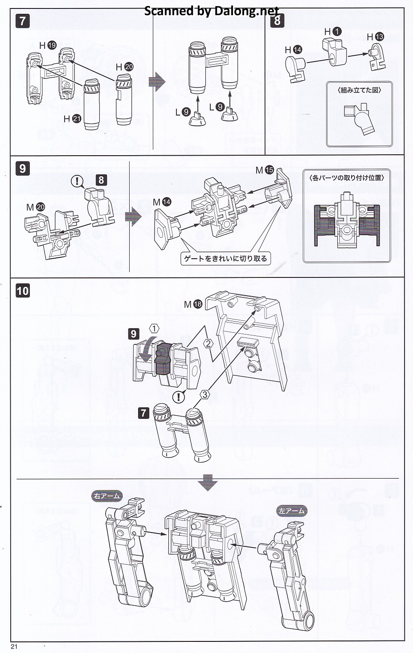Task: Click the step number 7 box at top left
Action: (23, 21)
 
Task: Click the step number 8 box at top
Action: (277, 20)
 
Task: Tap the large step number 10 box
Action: (23, 291)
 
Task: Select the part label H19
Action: (48, 45)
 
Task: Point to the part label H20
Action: (124, 67)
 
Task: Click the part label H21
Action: (72, 119)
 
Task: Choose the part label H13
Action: (375, 37)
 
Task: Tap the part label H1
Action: (333, 31)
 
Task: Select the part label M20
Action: (36, 207)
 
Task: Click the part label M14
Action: (162, 202)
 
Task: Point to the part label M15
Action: (265, 170)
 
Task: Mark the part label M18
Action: (193, 304)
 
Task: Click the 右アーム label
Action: (107, 496)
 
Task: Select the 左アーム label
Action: (292, 511)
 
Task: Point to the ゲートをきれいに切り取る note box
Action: (226, 258)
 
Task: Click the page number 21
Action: (14, 647)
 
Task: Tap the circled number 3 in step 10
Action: (204, 394)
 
